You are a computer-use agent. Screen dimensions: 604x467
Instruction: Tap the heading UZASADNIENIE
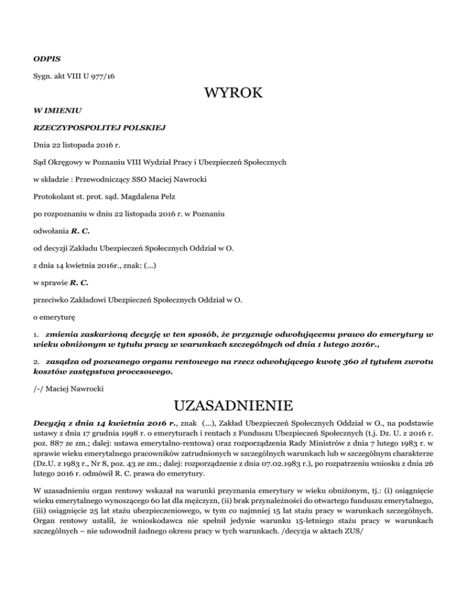pyautogui.click(x=233, y=404)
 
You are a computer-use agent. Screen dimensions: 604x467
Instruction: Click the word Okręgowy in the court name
pyautogui.click(x=66, y=163)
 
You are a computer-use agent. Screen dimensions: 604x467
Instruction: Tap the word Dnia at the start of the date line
pyautogui.click(x=41, y=146)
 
